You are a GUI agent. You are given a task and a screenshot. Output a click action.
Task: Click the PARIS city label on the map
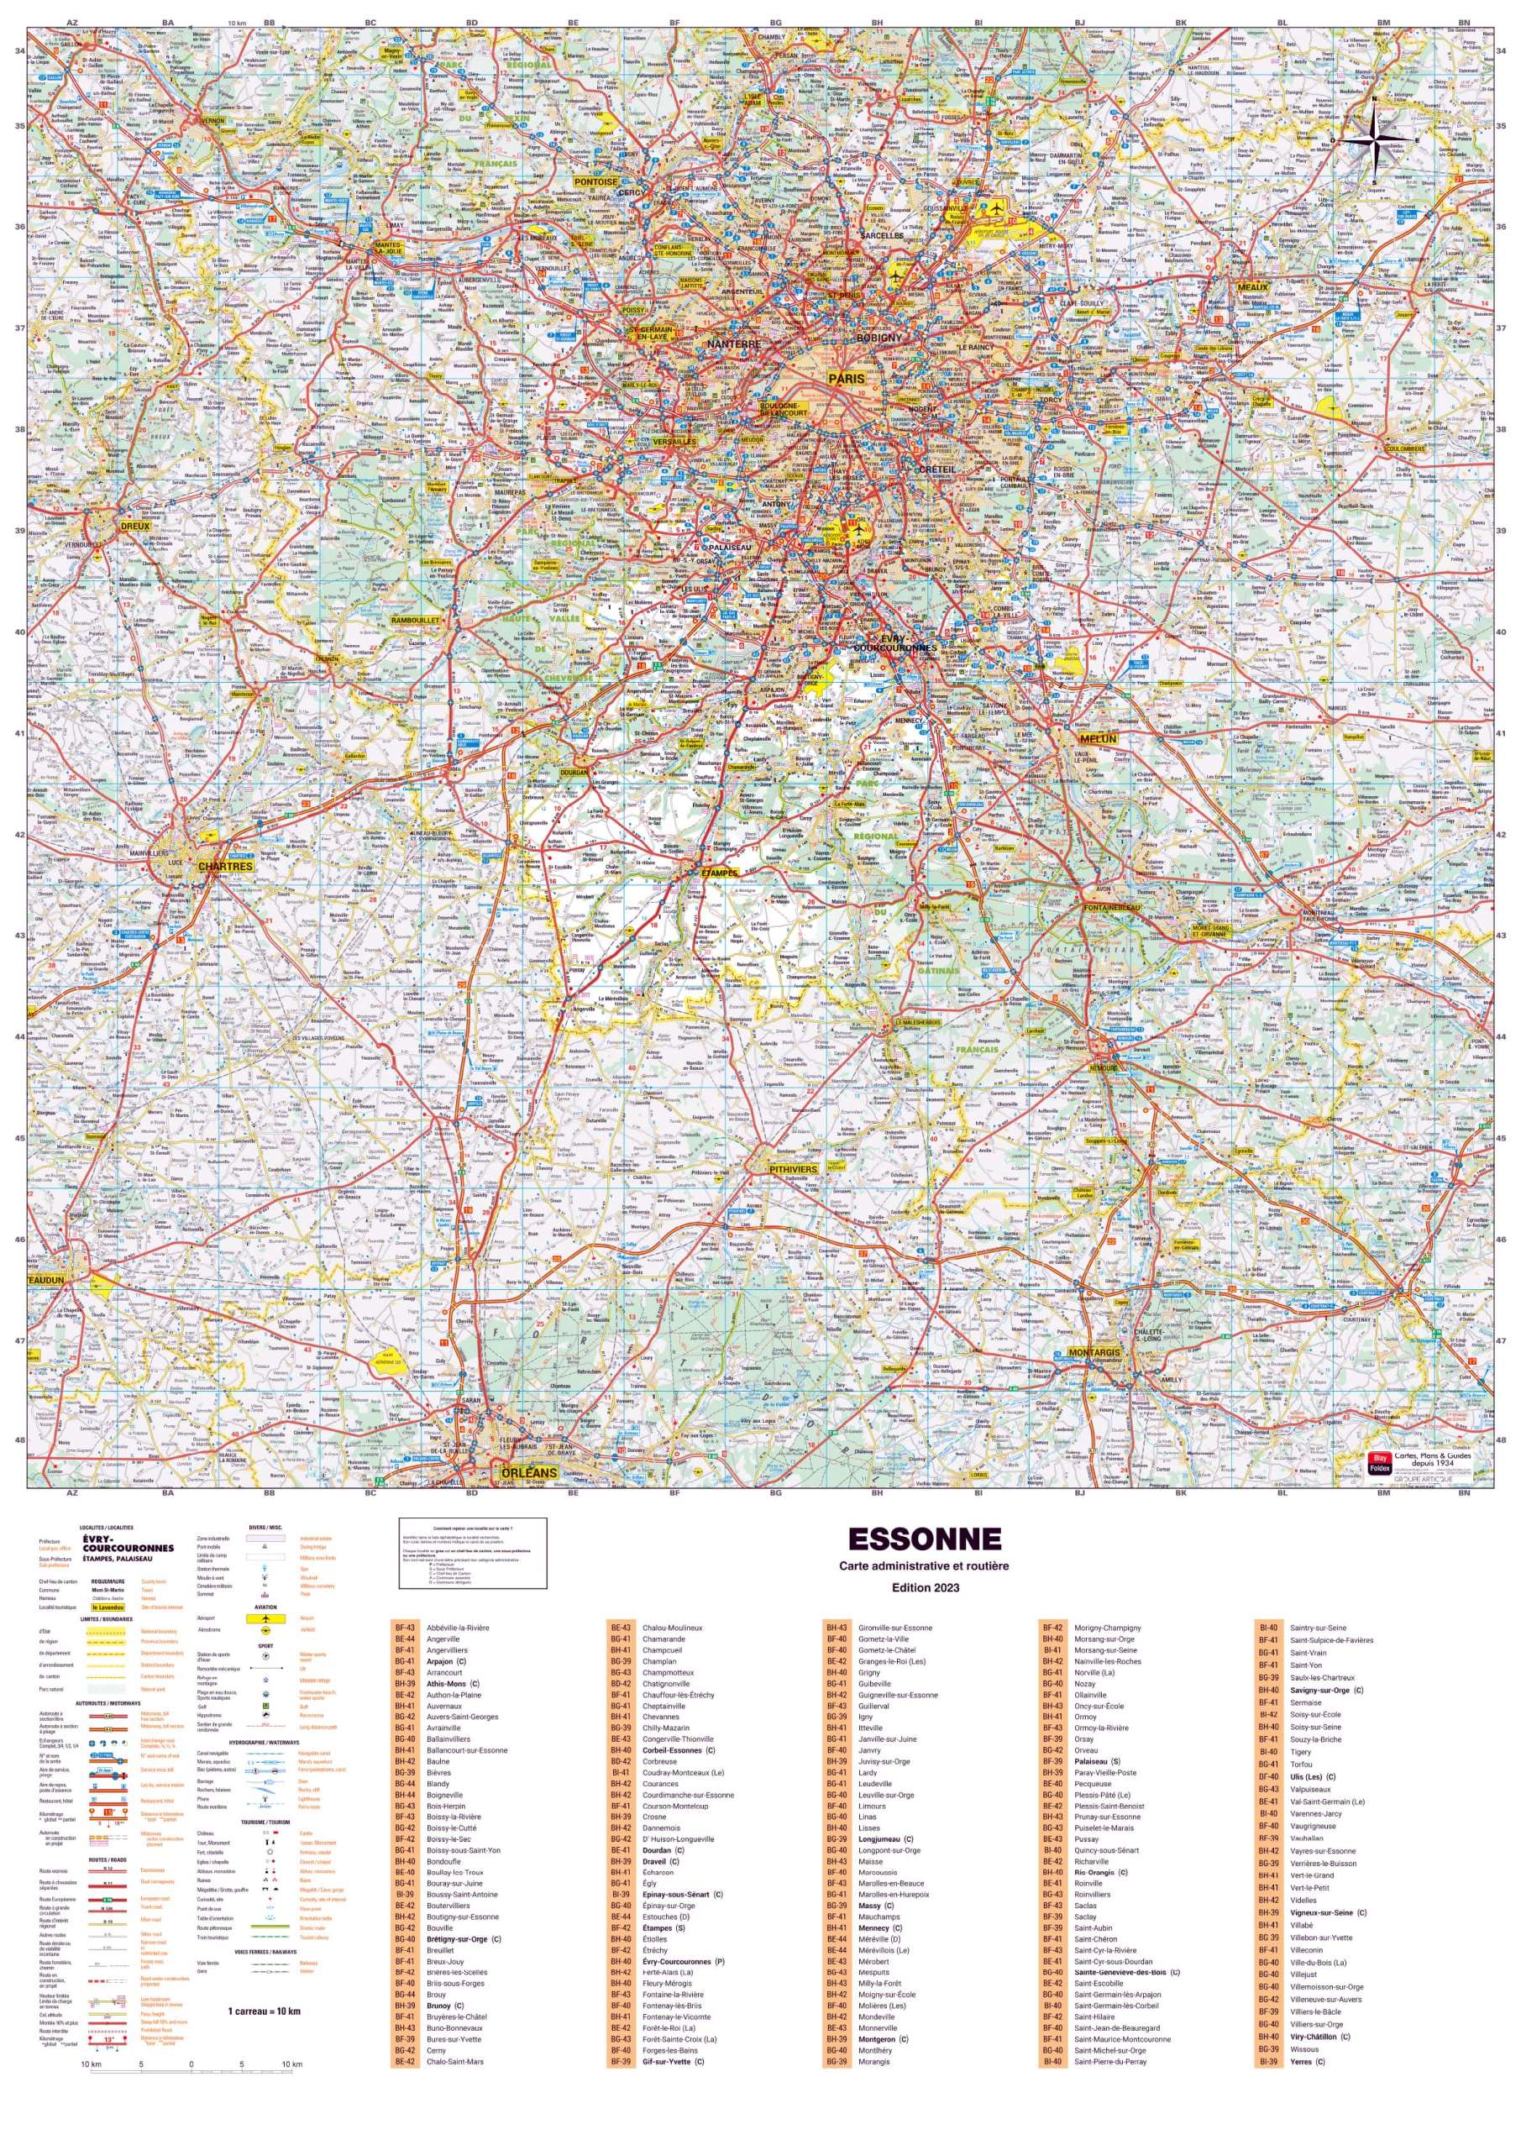tap(847, 378)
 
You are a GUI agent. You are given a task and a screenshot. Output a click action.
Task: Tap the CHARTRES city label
tap(226, 866)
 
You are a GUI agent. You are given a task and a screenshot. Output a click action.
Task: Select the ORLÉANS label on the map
tap(528, 1472)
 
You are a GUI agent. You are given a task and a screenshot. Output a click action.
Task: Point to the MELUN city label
tap(1098, 739)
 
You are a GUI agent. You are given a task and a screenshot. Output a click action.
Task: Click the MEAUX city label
tap(1252, 287)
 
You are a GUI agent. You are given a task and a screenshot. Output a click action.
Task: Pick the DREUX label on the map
tap(136, 527)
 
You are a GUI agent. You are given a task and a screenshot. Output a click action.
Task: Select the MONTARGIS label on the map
tap(1094, 1352)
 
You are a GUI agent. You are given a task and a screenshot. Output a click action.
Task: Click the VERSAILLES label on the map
tap(674, 441)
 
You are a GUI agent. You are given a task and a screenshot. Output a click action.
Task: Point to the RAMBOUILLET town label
tap(415, 620)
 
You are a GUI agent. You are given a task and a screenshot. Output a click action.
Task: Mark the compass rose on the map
tap(1374, 140)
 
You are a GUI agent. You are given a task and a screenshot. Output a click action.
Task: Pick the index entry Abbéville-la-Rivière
tap(457, 1628)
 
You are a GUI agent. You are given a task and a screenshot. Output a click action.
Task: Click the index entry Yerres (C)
tap(1308, 2061)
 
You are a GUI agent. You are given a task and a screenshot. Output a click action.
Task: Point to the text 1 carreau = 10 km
tap(264, 2011)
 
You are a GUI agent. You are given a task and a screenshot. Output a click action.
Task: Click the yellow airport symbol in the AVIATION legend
tap(266, 1618)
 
